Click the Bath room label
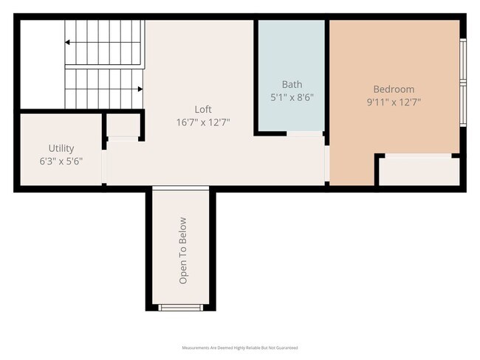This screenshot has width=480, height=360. (x=292, y=85)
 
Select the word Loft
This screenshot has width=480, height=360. (x=203, y=109)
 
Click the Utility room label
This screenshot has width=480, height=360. (x=61, y=148)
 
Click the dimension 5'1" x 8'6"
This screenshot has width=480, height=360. (x=292, y=97)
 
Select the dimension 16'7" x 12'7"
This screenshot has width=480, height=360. (x=203, y=122)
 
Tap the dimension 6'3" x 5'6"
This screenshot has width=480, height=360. (x=61, y=160)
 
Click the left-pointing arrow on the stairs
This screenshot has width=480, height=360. (x=69, y=43)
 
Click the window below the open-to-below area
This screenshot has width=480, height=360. (x=182, y=308)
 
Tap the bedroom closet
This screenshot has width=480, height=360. (x=419, y=172)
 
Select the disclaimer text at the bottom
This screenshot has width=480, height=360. (x=239, y=347)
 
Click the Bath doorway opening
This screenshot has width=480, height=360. (x=304, y=134)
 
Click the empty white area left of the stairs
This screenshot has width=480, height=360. (x=41, y=65)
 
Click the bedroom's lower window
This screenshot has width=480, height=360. (x=462, y=106)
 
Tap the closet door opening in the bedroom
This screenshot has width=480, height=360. (x=419, y=155)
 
